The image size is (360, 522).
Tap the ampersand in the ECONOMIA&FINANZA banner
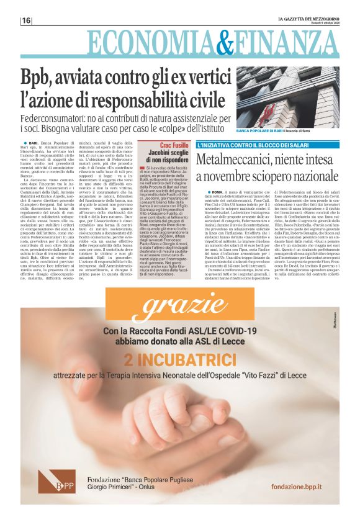(217, 42)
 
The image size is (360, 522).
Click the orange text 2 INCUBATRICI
(180, 359)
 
